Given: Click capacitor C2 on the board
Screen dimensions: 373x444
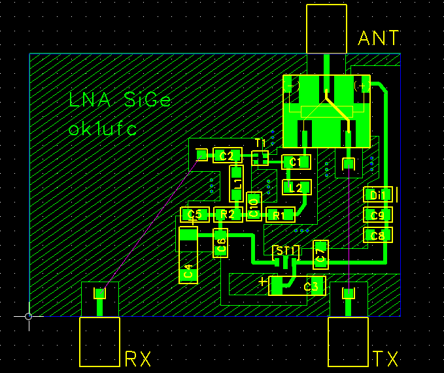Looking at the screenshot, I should [227, 155].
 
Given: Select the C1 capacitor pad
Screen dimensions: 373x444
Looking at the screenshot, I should [296, 162].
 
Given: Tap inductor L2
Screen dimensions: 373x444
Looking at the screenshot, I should [296, 188].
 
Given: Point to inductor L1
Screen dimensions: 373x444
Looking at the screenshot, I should [237, 183].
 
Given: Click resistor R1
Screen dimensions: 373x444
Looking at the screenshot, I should [281, 215].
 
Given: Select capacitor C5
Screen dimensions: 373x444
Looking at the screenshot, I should [194, 214].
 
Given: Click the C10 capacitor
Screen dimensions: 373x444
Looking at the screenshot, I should [254, 206].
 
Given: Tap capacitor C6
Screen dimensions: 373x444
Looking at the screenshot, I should [220, 243].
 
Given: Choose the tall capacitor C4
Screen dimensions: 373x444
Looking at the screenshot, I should [188, 255].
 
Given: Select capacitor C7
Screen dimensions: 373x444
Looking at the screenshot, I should [320, 255].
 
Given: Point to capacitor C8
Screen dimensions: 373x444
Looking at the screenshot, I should [378, 235].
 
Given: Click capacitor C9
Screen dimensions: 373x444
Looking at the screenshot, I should [378, 215].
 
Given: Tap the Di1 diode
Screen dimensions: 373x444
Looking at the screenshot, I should [378, 195].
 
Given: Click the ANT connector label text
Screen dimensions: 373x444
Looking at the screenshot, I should [379, 38].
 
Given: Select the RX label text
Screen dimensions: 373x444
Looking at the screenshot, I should [138, 359].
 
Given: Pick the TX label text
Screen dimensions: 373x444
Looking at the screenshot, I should [386, 359].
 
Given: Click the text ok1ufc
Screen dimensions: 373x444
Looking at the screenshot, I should [103, 129].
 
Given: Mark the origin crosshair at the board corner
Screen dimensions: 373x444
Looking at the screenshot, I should [28, 316].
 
